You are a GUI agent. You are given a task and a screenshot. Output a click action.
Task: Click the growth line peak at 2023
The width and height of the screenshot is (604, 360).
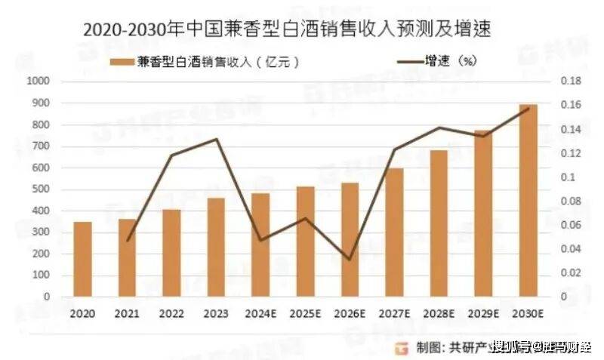216,139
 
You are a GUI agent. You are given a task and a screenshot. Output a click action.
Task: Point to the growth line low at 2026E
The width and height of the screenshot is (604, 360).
349,260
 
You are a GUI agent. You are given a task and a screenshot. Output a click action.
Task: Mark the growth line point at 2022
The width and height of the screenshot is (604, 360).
171,155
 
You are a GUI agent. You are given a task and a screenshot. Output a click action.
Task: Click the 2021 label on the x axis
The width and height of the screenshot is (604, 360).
127,312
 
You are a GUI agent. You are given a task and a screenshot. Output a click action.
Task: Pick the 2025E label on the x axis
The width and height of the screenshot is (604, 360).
305,312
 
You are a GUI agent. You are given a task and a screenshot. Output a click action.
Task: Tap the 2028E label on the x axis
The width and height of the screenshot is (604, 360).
439,312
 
